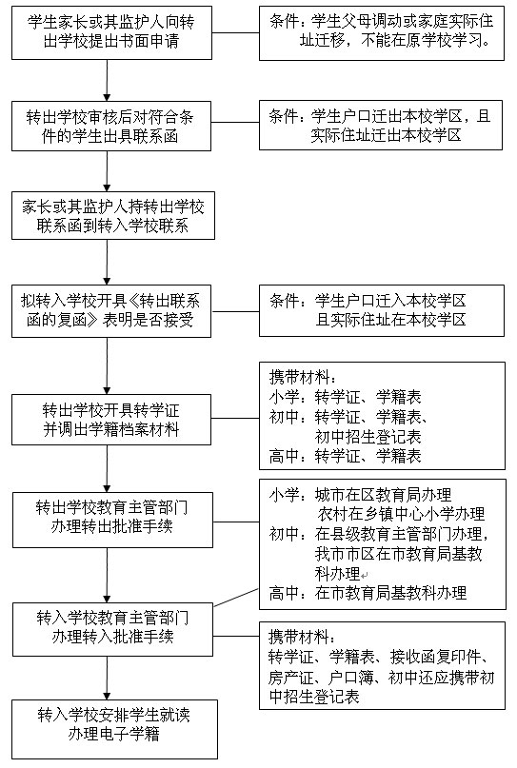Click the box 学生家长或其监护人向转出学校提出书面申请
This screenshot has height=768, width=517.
click(111, 32)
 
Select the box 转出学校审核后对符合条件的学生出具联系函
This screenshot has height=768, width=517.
click(111, 126)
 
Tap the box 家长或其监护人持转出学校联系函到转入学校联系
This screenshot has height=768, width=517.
click(113, 215)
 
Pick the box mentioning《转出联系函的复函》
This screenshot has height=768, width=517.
click(111, 311)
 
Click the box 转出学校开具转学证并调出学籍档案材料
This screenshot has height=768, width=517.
click(111, 420)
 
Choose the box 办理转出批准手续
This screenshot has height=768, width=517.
click(112, 521)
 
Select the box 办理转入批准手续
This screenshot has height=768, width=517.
click(112, 629)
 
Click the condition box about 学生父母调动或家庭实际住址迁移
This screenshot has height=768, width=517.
click(382, 32)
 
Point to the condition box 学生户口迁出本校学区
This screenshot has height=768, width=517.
click(381, 125)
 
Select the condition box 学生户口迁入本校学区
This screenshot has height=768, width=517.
click(382, 311)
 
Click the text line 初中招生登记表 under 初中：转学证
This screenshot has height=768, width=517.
click(368, 436)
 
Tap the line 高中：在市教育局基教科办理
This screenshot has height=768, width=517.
click(368, 593)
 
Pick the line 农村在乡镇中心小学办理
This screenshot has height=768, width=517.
click(401, 514)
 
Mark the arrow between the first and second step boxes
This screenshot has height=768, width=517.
click(107, 80)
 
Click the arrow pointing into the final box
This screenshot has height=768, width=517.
click(107, 678)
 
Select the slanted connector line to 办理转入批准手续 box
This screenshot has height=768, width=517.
click(236, 598)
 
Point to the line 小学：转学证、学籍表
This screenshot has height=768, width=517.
click(345, 397)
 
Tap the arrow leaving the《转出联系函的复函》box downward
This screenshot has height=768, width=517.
click(107, 365)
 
